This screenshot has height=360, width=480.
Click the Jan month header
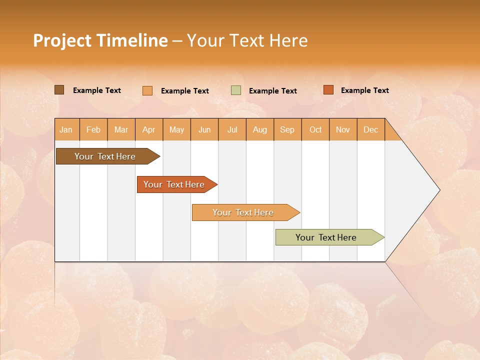click(66, 130)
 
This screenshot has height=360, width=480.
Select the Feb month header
click(93, 130)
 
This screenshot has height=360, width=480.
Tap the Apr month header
click(149, 130)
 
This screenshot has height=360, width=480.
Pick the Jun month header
click(204, 130)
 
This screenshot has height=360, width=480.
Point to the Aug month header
click(260, 130)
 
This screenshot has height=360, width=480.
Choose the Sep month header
click(287, 130)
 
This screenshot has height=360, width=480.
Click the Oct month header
click(315, 130)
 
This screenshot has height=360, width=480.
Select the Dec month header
click(371, 130)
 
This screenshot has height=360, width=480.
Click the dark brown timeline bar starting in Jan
click(105, 156)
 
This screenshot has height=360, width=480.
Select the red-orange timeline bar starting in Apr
click(174, 184)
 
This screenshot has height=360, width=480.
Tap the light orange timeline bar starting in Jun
click(243, 212)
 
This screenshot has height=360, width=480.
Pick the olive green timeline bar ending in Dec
click(326, 237)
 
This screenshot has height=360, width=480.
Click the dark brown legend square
click(59, 90)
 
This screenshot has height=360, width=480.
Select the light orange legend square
click(147, 90)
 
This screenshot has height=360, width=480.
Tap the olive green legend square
click(236, 90)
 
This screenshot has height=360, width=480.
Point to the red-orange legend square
click(328, 90)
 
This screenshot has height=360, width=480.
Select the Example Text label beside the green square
click(273, 91)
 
